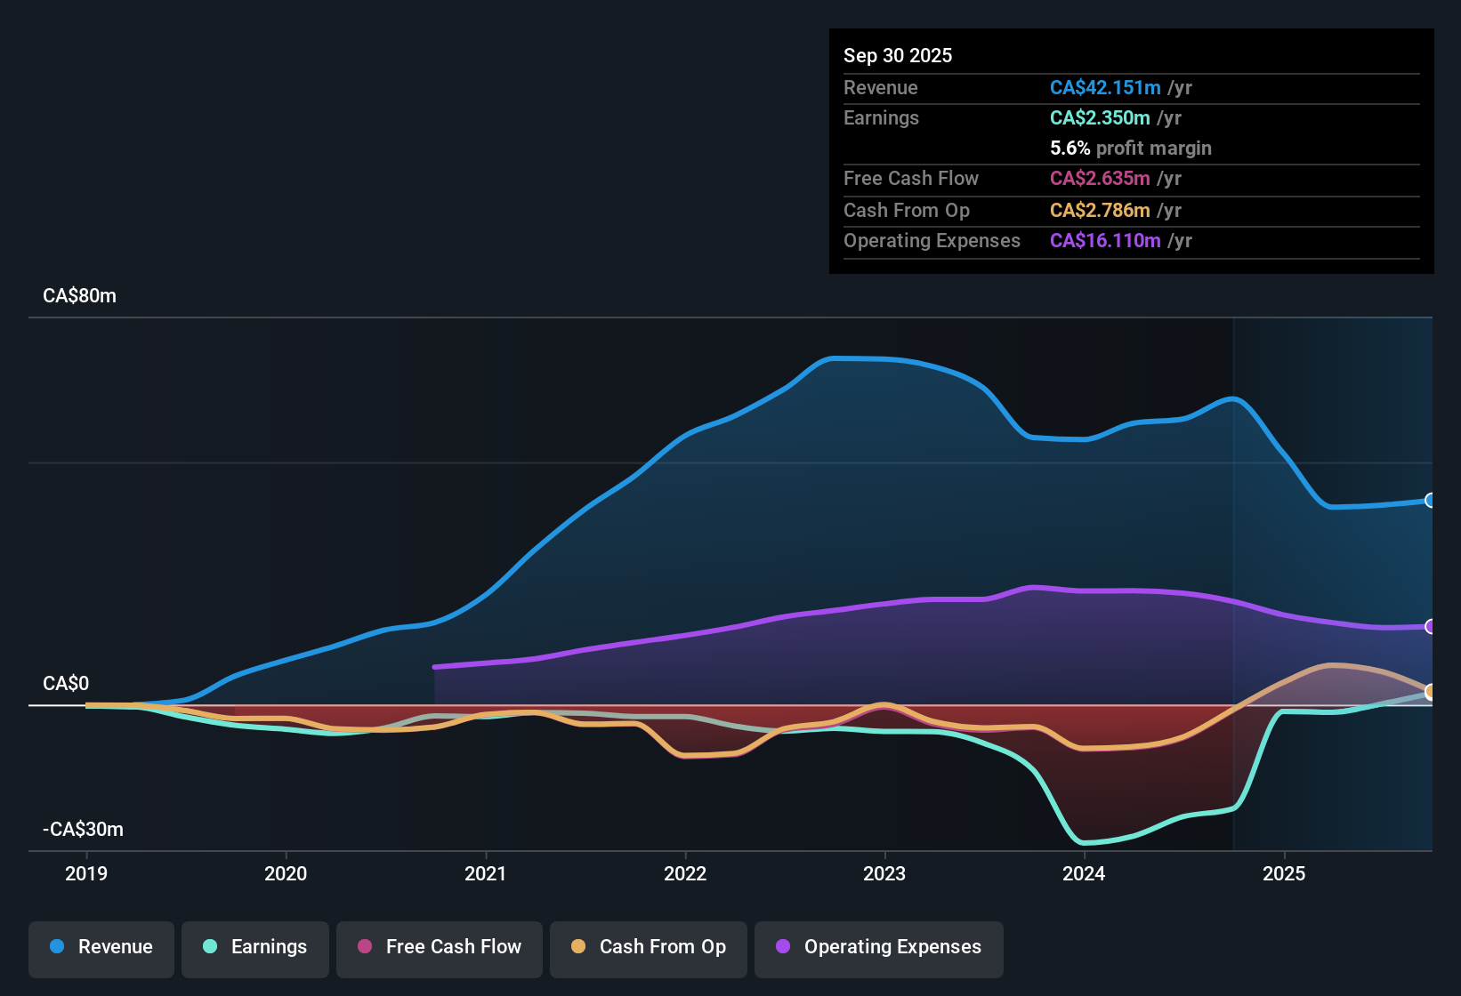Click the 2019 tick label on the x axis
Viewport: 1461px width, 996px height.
pos(86,873)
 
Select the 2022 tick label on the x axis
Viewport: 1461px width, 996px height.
pos(685,873)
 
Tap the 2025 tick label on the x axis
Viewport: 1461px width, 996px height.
pos(1284,873)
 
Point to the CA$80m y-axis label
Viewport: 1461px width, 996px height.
pos(79,296)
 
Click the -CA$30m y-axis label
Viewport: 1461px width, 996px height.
pos(83,830)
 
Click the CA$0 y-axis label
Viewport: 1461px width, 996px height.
pos(66,684)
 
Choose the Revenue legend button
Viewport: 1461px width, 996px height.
pos(101,947)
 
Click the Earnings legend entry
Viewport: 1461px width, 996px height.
pos(255,947)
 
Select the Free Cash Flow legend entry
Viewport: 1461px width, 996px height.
pos(440,947)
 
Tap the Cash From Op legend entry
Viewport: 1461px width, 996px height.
pos(649,947)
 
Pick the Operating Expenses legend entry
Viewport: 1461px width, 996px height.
pos(879,947)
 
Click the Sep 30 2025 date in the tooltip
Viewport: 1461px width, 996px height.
pos(898,55)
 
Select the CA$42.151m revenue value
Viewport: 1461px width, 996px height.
pos(1105,87)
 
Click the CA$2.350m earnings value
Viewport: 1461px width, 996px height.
pos(1100,117)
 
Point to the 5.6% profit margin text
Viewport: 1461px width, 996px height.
pos(1130,148)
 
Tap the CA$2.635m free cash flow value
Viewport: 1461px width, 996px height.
pos(1100,178)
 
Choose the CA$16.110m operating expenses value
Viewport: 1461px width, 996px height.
pos(1105,240)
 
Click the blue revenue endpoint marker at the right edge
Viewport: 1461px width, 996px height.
pos(1430,501)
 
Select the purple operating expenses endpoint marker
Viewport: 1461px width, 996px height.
pos(1430,627)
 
